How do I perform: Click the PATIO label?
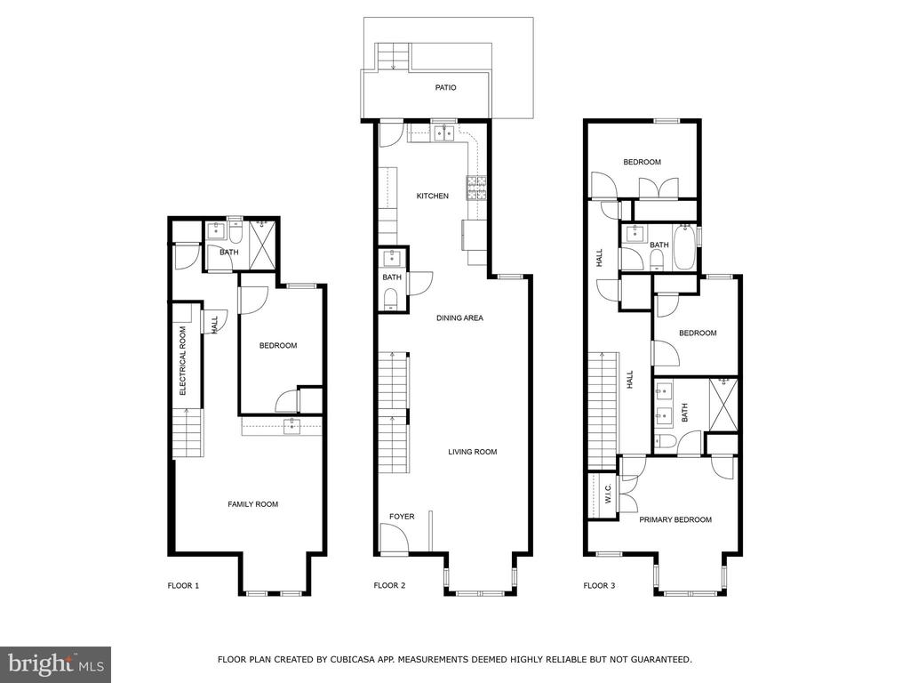(x=445, y=88)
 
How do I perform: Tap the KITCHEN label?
(x=433, y=197)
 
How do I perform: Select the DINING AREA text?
(x=459, y=318)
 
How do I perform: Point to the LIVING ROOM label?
(x=473, y=452)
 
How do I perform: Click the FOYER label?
(x=402, y=517)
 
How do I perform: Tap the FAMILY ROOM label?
(x=252, y=504)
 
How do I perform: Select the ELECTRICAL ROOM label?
(x=183, y=361)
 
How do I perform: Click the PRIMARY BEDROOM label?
(x=675, y=519)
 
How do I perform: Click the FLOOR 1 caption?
(x=183, y=585)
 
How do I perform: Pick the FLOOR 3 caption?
(x=599, y=585)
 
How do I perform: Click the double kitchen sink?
(x=445, y=133)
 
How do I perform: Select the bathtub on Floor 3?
(x=685, y=247)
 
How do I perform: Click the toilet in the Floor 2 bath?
(x=391, y=299)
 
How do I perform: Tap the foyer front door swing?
(x=395, y=537)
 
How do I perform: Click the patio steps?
(x=394, y=56)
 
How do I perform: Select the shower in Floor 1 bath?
(x=262, y=245)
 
